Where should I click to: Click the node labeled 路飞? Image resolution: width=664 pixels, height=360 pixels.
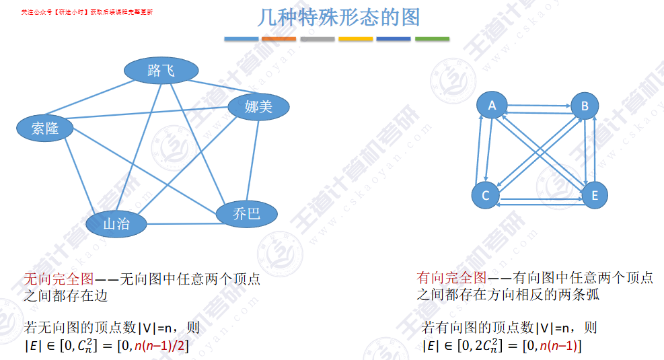[161, 70]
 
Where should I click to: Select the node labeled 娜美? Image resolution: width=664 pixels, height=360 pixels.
[258, 106]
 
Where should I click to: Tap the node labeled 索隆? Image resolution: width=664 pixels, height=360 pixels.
[46, 129]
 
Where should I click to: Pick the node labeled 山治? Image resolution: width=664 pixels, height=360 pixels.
[116, 224]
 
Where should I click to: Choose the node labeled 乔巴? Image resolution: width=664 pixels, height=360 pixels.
[246, 214]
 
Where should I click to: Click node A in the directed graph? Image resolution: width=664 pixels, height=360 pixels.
[492, 106]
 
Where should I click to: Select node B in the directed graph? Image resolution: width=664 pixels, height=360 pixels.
[585, 106]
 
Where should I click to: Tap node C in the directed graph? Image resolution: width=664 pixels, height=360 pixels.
[486, 196]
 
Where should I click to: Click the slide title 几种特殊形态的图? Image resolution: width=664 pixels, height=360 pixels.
[338, 17]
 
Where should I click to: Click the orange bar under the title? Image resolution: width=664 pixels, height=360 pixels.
[279, 39]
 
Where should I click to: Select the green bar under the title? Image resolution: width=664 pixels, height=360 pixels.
[432, 39]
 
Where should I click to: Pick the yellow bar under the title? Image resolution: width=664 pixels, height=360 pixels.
[355, 39]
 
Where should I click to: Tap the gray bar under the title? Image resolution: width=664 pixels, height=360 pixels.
[317, 39]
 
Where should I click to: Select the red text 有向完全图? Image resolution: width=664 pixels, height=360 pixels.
[451, 277]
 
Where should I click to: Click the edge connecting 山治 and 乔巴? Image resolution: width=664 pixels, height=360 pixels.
[182, 222]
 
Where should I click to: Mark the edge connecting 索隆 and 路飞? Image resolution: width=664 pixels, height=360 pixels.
[94, 101]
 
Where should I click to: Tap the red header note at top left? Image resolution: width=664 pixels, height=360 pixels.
[87, 12]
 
